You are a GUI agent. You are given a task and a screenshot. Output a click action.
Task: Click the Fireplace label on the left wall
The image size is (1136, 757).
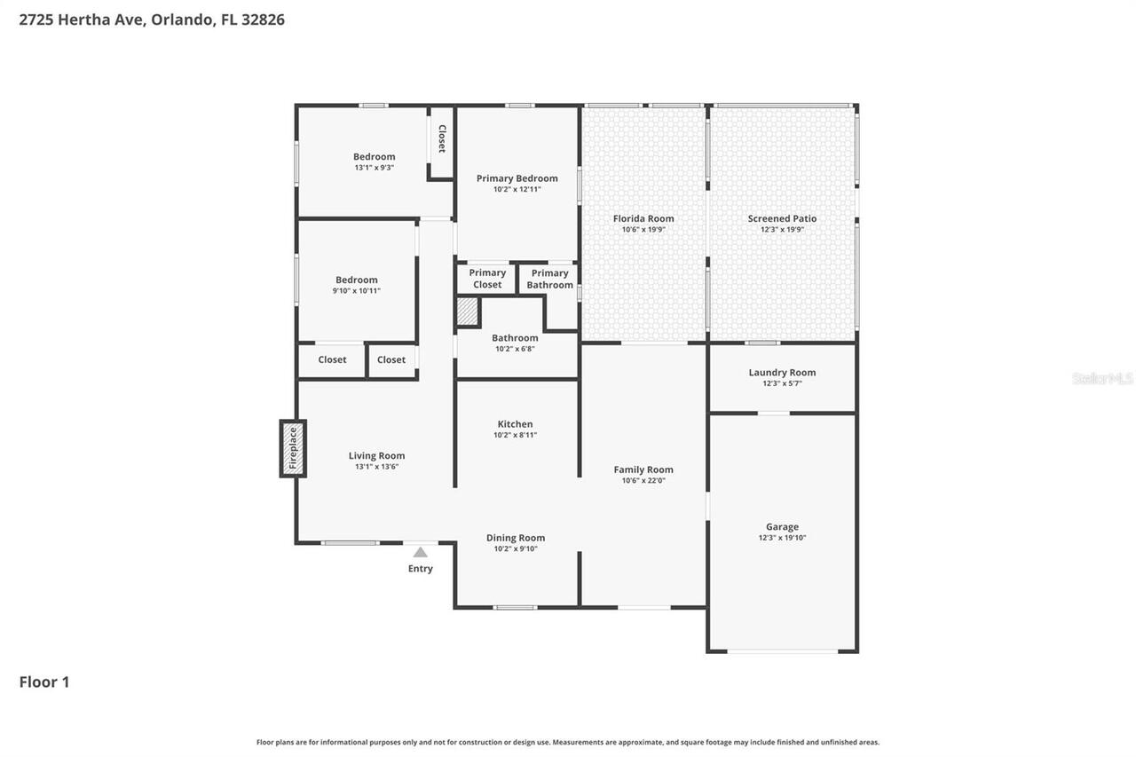coord(293,449)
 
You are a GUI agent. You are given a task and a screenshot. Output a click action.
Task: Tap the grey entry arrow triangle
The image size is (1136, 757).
coord(421,552)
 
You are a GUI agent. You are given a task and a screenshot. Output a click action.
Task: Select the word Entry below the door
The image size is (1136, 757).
coord(421,569)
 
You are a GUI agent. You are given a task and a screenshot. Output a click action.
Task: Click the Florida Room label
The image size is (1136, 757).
coord(643,218)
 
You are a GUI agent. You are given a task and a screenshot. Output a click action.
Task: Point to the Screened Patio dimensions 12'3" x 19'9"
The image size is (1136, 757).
coord(782,230)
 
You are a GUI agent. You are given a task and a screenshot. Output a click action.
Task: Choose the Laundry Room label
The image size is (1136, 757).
coord(782,373)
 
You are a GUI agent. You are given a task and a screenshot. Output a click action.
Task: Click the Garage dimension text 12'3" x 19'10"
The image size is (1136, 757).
coord(782,538)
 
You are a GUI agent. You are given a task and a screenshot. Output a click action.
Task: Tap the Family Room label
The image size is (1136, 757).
coord(643,469)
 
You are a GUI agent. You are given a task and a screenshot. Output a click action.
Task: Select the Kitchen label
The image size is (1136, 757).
coord(515,424)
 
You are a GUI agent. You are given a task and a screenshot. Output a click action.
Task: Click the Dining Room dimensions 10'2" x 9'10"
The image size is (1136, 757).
coord(516,548)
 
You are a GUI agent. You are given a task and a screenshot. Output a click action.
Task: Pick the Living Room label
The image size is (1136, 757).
coord(377,455)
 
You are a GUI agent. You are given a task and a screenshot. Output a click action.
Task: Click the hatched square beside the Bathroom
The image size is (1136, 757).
coord(467,311)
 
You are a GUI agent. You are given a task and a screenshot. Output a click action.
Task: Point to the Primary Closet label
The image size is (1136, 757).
coord(487,279)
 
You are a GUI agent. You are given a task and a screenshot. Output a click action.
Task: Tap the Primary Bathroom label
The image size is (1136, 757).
coord(549,279)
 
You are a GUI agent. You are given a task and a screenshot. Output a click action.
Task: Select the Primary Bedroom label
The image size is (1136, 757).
coord(517,178)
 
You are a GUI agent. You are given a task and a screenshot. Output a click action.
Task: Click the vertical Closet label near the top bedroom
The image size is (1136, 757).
coord(441,138)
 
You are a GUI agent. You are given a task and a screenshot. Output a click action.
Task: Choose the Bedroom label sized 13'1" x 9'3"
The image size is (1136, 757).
coord(374,157)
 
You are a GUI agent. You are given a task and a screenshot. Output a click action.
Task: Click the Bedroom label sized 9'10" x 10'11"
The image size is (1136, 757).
coord(356,280)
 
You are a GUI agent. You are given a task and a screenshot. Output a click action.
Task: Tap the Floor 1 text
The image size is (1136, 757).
coord(44,682)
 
